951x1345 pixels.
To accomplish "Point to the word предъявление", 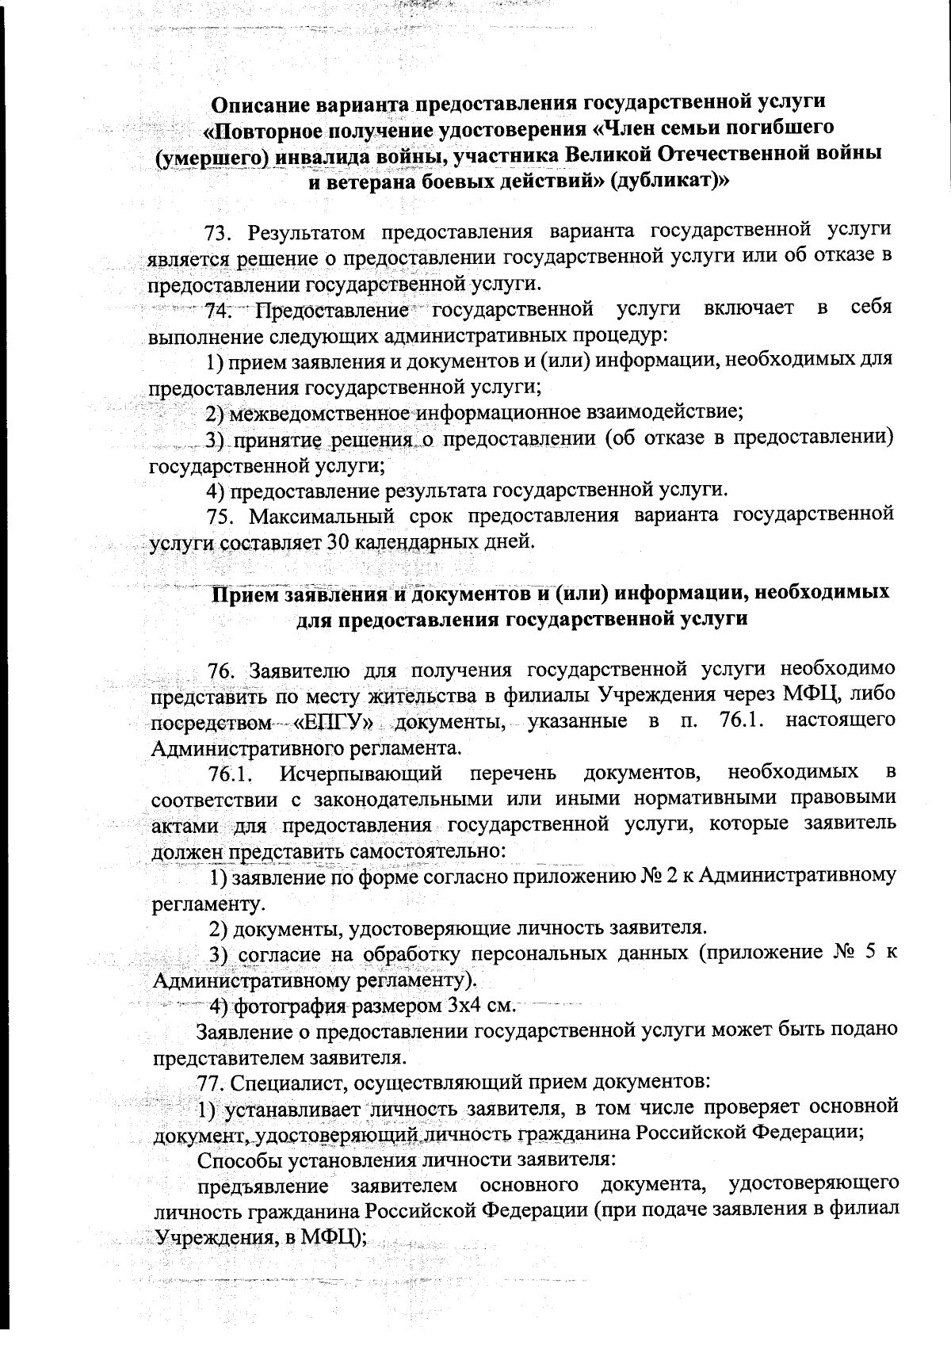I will (263, 1186).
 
